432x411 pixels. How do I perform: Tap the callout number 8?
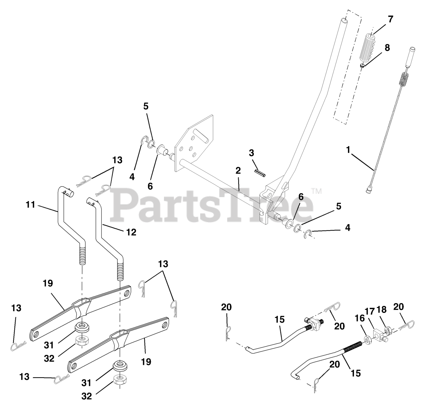pyautogui.click(x=387, y=48)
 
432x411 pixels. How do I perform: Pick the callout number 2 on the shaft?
pyautogui.click(x=238, y=170)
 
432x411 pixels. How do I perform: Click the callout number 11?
pyautogui.click(x=31, y=204)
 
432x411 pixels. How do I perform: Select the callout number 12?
pyautogui.click(x=131, y=232)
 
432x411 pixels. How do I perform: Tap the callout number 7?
pyautogui.click(x=390, y=19)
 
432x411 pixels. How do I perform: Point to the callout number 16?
pyautogui.click(x=360, y=319)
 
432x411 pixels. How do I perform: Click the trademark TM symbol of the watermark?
pyautogui.click(x=317, y=191)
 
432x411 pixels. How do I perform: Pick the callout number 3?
pyautogui.click(x=251, y=153)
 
